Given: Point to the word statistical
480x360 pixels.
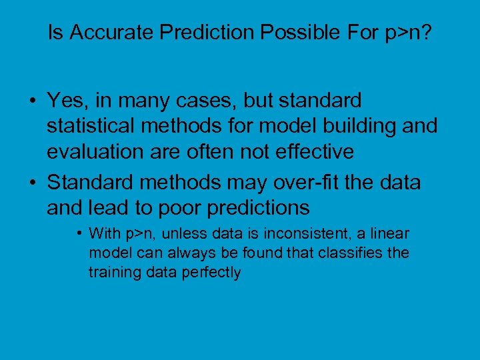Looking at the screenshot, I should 90,126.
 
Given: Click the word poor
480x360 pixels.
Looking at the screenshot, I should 179,207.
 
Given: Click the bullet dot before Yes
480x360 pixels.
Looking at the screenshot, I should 32,101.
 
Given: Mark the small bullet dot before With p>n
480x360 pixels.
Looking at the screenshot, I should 79,234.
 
